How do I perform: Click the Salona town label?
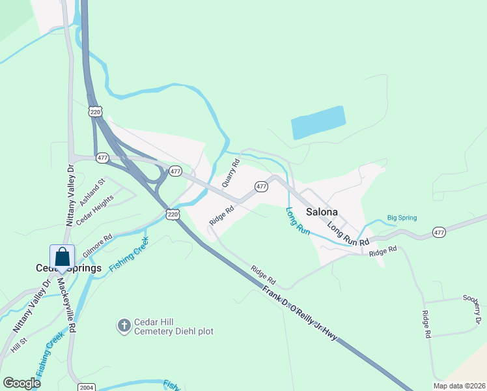click(x=322, y=212)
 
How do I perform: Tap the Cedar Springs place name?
click(x=68, y=268)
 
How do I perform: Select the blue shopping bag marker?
click(x=62, y=257)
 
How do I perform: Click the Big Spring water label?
click(x=402, y=218)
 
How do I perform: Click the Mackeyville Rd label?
click(x=67, y=306)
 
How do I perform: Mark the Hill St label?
click(x=18, y=345)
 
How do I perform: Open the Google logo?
click(x=21, y=383)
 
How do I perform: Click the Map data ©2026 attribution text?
click(x=459, y=386)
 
